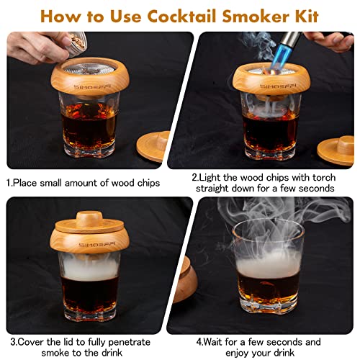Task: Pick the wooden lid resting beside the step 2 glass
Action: click(x=337, y=148)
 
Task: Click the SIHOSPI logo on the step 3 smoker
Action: click(x=76, y=242)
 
